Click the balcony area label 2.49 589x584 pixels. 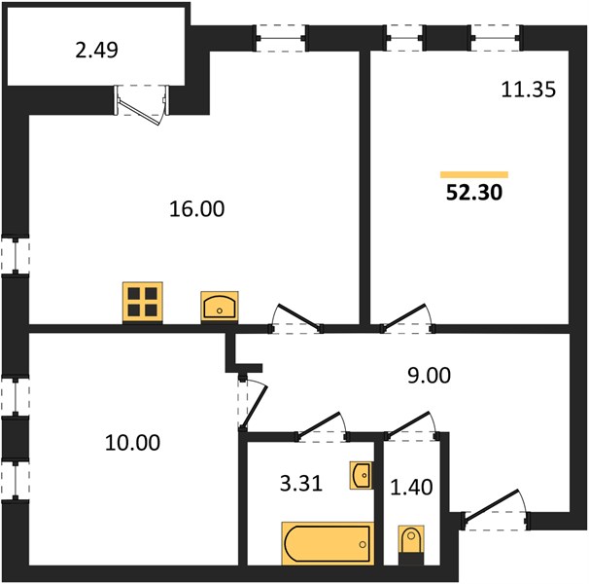pyautogui.click(x=96, y=50)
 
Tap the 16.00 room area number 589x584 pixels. pyautogui.click(x=197, y=209)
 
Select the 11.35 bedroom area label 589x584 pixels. pyautogui.click(x=528, y=90)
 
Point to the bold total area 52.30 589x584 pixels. pyautogui.click(x=474, y=193)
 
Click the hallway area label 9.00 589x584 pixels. pyautogui.click(x=429, y=376)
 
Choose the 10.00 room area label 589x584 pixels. pyautogui.click(x=132, y=443)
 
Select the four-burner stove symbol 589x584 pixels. pyautogui.click(x=143, y=302)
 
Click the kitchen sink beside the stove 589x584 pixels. pyautogui.click(x=220, y=307)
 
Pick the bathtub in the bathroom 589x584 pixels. pyautogui.click(x=328, y=543)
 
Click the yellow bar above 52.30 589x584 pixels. pyautogui.click(x=474, y=174)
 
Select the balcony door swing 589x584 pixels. pyautogui.click(x=141, y=104)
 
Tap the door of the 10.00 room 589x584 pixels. pyautogui.click(x=253, y=405)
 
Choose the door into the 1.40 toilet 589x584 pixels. pyautogui.click(x=412, y=425)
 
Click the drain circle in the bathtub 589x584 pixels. pyautogui.click(x=363, y=544)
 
